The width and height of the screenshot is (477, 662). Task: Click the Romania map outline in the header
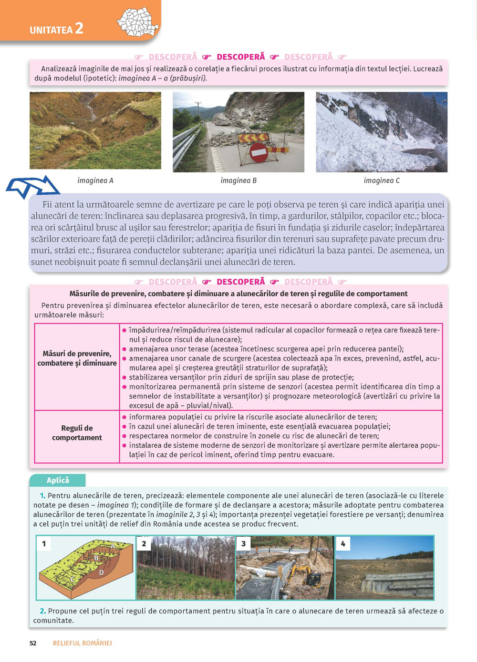[137, 22]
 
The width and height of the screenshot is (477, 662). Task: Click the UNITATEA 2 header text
[56, 29]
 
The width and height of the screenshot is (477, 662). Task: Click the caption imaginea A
[95, 181]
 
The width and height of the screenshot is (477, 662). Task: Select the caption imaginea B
[238, 181]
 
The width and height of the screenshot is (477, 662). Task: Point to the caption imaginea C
[382, 181]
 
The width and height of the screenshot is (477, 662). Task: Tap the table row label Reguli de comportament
[77, 433]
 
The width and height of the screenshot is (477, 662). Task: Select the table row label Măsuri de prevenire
[77, 358]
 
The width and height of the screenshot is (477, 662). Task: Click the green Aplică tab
[58, 480]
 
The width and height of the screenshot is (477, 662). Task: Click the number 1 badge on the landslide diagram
[44, 544]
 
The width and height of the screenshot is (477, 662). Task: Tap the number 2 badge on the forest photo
[144, 544]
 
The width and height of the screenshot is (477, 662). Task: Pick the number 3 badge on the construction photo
[243, 544]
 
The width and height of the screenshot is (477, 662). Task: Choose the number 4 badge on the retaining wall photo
[343, 544]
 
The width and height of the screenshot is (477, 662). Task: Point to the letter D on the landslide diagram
[101, 572]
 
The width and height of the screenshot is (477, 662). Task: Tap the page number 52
[33, 643]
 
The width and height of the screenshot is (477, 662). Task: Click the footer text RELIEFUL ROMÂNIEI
[82, 643]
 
